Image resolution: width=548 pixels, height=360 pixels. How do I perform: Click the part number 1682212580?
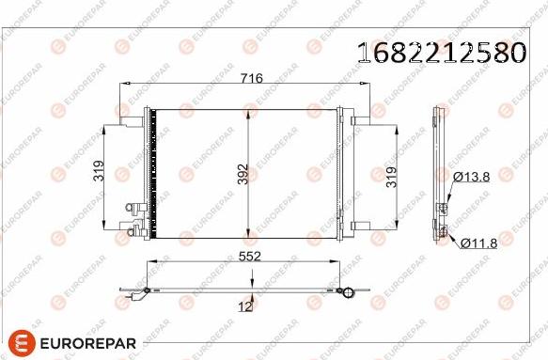pos(442,53)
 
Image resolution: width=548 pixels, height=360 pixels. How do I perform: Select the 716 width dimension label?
pos(252,78)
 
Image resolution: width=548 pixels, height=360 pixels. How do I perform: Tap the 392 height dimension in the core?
pos(243,174)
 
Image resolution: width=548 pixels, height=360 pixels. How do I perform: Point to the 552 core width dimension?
pos(249,257)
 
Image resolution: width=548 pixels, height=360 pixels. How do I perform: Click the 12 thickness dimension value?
pos(244,306)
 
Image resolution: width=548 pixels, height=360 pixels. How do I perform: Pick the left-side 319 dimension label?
pos(99,170)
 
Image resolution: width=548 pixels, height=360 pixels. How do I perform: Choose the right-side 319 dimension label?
pos(391,178)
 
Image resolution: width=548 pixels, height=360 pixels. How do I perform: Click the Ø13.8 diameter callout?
pos(472,178)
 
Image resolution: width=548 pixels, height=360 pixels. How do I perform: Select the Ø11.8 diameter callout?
pos(478,243)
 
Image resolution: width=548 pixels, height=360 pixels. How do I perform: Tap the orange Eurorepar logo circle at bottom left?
pos(22,343)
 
